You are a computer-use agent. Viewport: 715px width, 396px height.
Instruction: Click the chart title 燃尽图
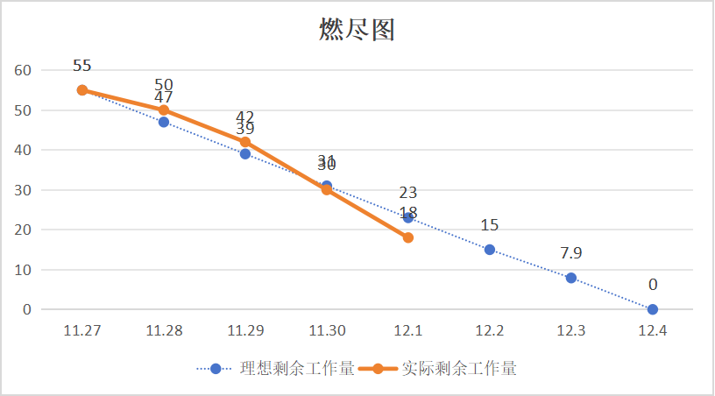(357, 31)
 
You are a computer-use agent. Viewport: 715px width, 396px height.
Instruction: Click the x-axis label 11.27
(81, 330)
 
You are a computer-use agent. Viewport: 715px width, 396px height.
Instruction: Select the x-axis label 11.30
(327, 330)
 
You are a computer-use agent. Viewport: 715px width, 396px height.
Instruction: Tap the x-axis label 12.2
(490, 330)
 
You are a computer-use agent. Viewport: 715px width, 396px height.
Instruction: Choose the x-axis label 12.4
(653, 330)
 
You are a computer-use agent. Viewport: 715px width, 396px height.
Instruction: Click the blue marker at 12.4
(653, 309)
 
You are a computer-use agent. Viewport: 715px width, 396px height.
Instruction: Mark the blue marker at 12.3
(571, 278)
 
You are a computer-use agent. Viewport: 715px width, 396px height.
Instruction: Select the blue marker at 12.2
(490, 250)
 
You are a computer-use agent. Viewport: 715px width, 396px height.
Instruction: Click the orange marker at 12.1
(408, 237)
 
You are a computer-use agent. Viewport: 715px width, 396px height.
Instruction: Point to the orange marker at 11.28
(164, 110)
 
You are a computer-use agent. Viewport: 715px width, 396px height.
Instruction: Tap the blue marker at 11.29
(245, 154)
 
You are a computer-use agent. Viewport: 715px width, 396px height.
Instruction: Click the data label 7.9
(571, 254)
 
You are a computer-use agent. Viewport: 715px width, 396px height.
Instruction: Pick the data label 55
(82, 66)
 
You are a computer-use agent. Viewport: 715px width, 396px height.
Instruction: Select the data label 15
(490, 226)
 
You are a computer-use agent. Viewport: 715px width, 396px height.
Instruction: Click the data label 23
(408, 193)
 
